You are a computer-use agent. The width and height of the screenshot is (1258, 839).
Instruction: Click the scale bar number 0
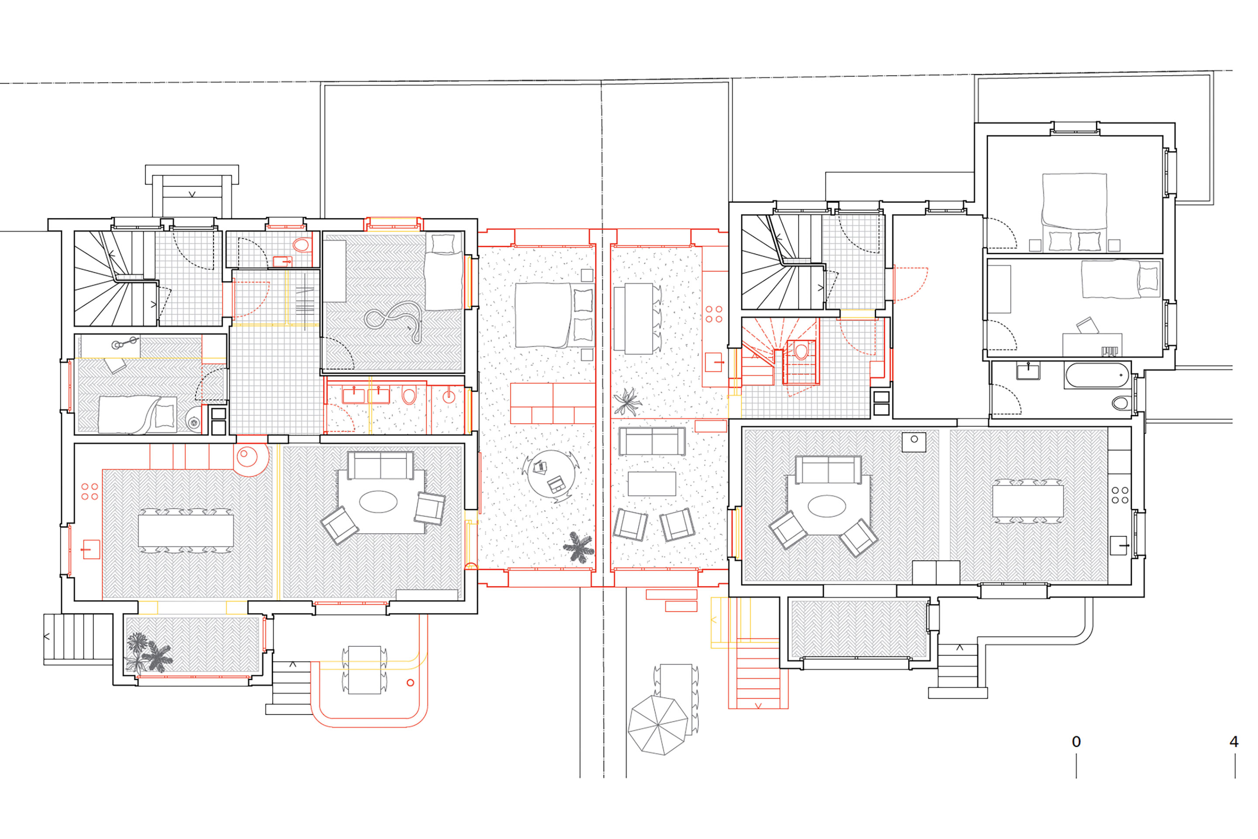click(1076, 742)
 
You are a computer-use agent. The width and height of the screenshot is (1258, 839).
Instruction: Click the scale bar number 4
click(1234, 742)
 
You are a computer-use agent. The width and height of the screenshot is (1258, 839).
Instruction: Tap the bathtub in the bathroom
click(1096, 376)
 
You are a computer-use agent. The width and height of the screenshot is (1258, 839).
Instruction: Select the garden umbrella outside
click(657, 725)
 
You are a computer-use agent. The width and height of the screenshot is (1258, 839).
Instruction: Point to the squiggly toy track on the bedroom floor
click(394, 319)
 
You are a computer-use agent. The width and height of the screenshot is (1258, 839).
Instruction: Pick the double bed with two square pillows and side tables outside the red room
click(1075, 212)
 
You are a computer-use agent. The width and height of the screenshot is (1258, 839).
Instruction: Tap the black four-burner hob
click(1120, 495)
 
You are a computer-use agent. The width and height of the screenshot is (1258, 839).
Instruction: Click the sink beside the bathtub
click(1027, 371)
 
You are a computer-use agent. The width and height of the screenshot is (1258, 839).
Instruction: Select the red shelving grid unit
click(553, 403)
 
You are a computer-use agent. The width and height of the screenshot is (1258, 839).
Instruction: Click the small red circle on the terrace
click(410, 682)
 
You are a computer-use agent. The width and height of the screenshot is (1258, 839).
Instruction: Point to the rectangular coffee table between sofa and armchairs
click(651, 484)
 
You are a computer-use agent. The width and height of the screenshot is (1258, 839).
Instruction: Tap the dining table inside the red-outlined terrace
click(364, 670)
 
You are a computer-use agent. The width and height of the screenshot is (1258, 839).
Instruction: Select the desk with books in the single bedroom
click(1092, 345)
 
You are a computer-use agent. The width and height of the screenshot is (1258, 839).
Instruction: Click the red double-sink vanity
click(366, 395)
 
